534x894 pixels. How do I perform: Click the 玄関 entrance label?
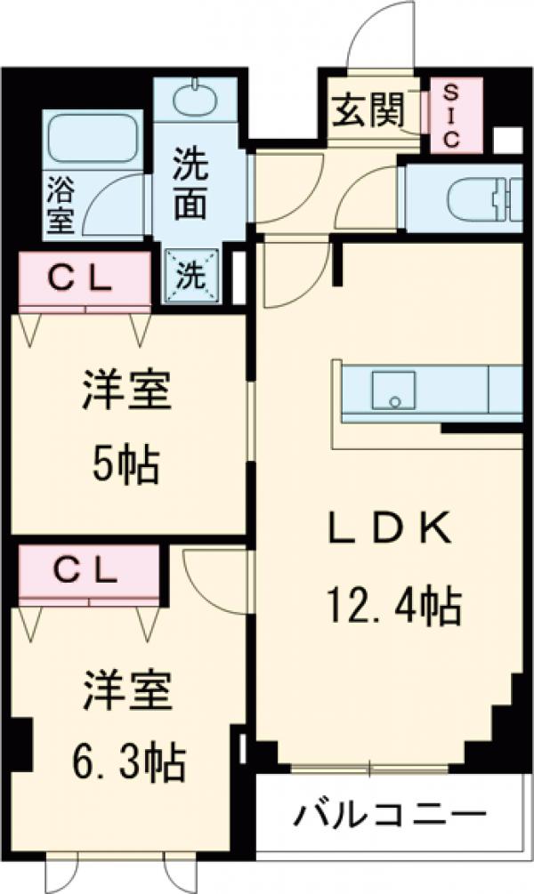[368, 110]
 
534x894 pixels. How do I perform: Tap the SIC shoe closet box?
[452, 116]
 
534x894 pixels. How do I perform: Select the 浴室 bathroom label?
[61, 205]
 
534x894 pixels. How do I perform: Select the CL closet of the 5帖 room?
[80, 280]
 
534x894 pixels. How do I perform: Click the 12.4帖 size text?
[391, 608]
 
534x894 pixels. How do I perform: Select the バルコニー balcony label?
[391, 814]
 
